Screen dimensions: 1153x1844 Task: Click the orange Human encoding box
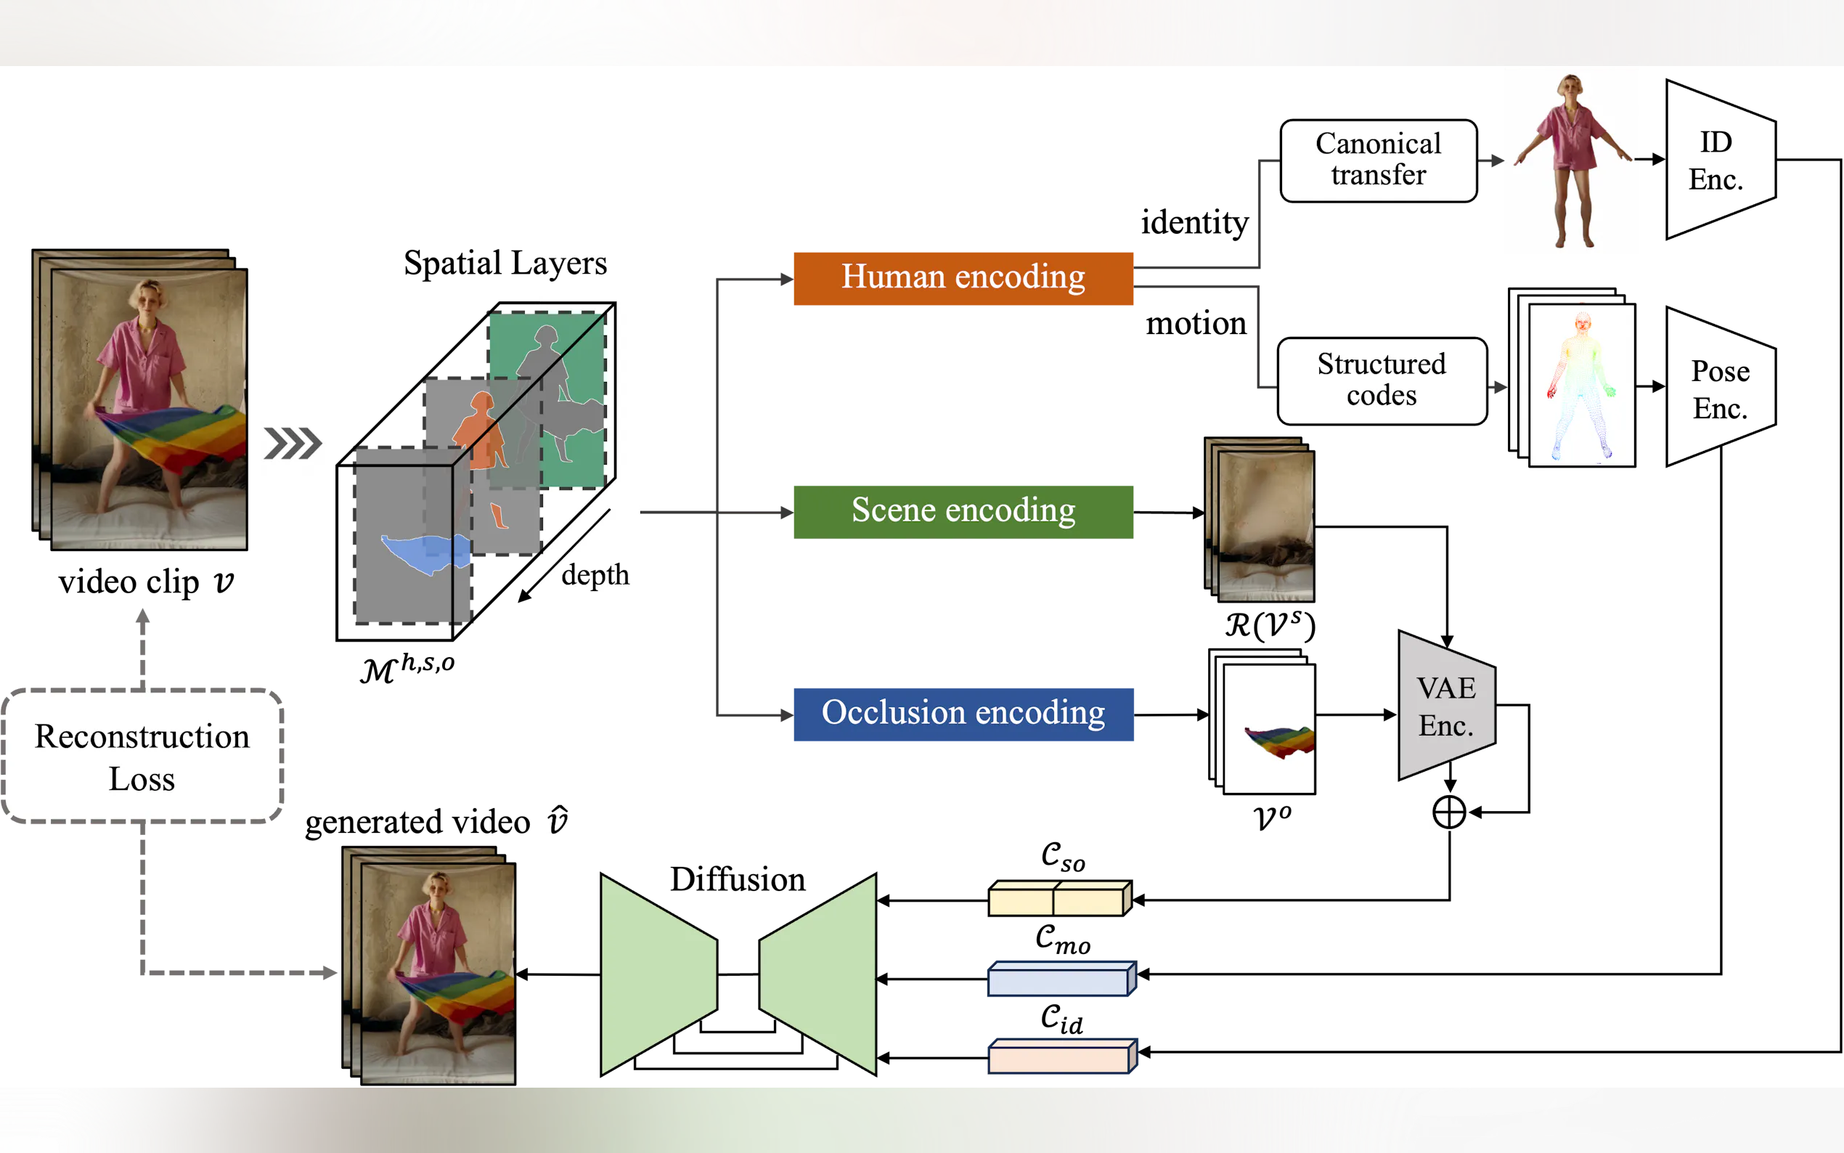coord(963,278)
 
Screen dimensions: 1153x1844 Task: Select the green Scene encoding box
coord(963,511)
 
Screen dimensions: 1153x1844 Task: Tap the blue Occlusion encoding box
coord(963,714)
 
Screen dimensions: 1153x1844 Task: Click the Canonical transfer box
coord(1377,160)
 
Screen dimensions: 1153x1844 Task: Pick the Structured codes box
coord(1382,380)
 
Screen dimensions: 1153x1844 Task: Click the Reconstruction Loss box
coord(142,756)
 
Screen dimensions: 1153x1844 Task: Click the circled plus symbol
coord(1448,811)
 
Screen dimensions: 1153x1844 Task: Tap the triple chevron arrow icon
coord(293,444)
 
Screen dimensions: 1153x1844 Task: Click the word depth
coord(595,575)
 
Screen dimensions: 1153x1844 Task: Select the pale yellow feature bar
coord(1058,898)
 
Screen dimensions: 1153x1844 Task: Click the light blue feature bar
coord(1061,979)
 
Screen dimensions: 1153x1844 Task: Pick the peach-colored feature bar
coord(1061,1056)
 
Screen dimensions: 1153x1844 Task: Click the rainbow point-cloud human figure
coord(1580,384)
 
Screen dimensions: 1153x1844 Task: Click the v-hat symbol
coord(558,820)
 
